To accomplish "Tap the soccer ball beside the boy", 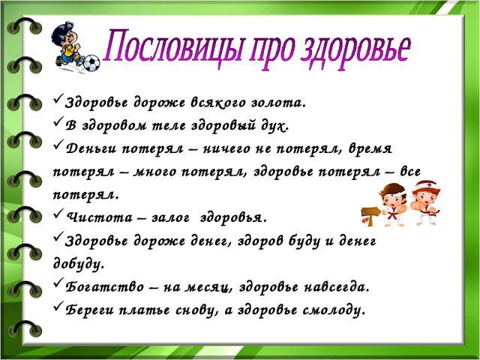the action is pos(91,63).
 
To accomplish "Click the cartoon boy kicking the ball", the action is pos(67,45).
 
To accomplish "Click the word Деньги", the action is pos(91,149).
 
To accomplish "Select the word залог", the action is pos(171,218).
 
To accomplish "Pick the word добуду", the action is pos(79,264).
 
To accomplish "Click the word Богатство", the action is pos(105,286).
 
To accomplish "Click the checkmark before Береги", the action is pos(58,306).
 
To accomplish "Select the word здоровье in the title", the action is pos(355,51).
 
